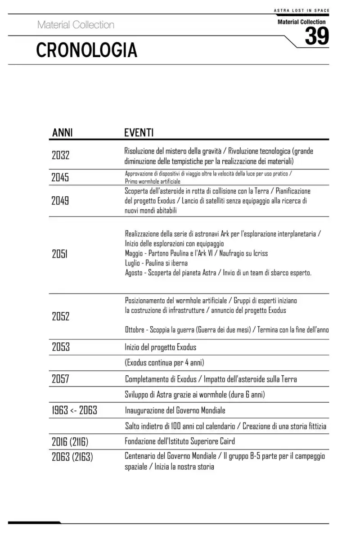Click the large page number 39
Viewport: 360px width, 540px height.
coord(317,36)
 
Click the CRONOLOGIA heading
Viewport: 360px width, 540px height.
coord(86,50)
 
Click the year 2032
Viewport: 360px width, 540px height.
coord(61,156)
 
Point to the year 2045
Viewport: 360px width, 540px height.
coord(61,177)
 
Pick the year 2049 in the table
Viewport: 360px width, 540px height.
coord(61,201)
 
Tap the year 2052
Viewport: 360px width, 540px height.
coord(61,316)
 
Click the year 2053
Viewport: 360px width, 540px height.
coord(61,347)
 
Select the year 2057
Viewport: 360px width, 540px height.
coord(61,379)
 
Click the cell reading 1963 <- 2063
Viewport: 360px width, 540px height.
coord(74,410)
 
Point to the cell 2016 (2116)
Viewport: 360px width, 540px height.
coord(73,441)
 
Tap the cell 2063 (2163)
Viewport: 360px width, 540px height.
coord(72,457)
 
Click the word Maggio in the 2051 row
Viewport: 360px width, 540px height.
coord(135,253)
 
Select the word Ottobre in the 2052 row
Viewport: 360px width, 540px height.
coord(136,330)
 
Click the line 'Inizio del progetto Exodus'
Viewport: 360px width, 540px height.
coord(161,347)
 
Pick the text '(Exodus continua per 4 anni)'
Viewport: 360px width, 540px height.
coord(167,363)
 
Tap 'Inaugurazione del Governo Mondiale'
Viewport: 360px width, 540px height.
coord(175,410)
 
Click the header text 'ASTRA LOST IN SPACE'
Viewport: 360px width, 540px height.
coord(301,10)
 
